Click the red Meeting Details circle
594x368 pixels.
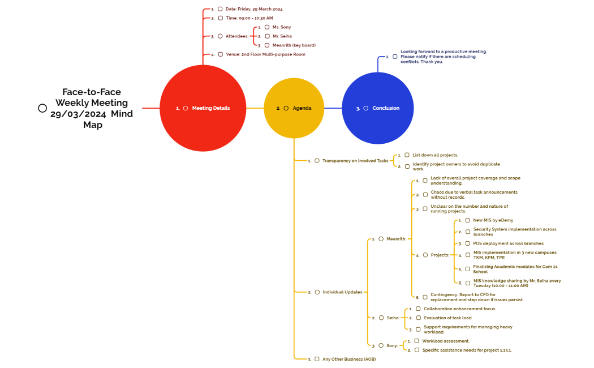[203, 108]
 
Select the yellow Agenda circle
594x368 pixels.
[294, 108]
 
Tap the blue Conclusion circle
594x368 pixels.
[378, 108]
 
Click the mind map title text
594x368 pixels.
[92, 108]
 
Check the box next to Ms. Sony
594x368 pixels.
[267, 27]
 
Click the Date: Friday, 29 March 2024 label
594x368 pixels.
[253, 9]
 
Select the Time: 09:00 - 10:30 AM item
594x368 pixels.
[249, 18]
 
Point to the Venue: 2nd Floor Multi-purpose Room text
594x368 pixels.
[265, 54]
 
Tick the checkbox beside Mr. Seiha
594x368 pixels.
[267, 36]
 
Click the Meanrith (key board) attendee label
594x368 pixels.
[294, 45]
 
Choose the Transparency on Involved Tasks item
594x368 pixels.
[355, 161]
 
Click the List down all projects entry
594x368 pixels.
[434, 155]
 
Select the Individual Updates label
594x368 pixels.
[342, 292]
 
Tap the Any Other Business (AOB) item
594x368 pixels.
[349, 359]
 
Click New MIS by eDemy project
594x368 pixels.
[493, 220]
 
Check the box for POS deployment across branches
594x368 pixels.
[468, 243]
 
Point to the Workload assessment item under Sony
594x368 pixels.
[446, 341]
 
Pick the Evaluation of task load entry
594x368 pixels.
[448, 318]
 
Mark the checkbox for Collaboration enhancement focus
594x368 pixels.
[418, 309]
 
